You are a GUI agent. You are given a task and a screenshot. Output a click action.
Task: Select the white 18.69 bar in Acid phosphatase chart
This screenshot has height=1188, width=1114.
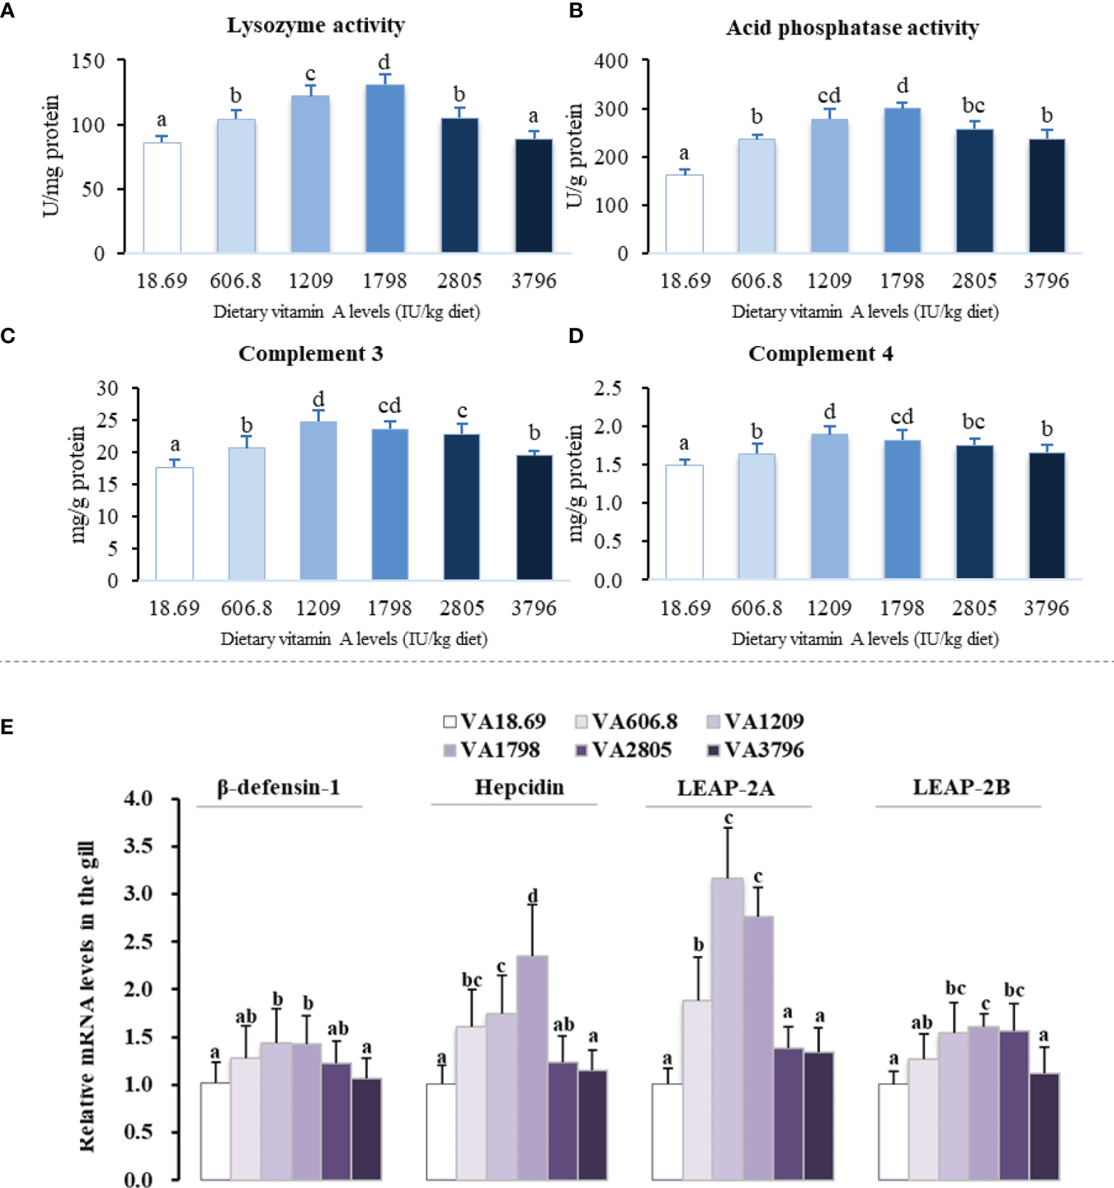(684, 214)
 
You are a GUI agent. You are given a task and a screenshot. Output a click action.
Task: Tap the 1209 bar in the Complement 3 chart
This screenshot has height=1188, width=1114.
(318, 500)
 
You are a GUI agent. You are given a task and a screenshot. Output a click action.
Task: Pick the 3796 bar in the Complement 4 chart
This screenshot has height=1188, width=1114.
(1047, 516)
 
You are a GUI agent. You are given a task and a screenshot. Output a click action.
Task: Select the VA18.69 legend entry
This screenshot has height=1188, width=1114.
(494, 722)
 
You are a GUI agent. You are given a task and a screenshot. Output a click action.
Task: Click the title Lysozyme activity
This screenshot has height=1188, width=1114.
(316, 25)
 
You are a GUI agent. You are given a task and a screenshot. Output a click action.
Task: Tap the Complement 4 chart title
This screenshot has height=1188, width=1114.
(821, 354)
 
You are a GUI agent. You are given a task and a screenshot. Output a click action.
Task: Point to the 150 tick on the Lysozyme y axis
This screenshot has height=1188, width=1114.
(89, 61)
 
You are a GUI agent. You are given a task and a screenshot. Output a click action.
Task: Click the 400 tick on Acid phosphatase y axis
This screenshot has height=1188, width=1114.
(611, 61)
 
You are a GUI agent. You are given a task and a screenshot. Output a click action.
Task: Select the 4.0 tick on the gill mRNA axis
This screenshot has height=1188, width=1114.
(138, 799)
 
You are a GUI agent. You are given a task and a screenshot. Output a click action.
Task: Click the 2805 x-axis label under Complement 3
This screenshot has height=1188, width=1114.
(462, 608)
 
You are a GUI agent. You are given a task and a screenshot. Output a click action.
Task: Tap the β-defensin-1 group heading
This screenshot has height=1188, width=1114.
(279, 788)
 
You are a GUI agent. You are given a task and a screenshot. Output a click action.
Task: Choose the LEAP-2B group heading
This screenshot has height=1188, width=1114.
(961, 788)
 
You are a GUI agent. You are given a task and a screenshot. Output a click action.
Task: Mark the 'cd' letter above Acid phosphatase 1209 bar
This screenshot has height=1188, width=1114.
(829, 96)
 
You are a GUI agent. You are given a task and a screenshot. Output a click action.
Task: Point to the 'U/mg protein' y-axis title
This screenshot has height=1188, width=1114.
(51, 156)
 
